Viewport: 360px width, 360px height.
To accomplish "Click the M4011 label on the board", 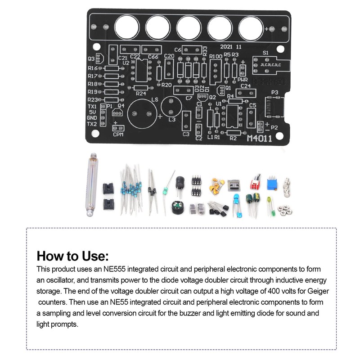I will [259, 139].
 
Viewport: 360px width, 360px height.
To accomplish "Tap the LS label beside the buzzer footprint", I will [155, 99].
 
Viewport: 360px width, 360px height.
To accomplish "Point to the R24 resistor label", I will [141, 94].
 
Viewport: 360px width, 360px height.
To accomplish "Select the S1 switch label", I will [265, 53].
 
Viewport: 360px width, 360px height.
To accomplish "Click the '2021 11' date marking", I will [231, 46].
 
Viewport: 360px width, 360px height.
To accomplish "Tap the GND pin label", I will [92, 118].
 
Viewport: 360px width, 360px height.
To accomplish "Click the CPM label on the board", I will [118, 135].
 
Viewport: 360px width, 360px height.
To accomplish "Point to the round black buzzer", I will [175, 209].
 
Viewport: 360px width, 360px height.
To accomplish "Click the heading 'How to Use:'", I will [72, 256].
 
